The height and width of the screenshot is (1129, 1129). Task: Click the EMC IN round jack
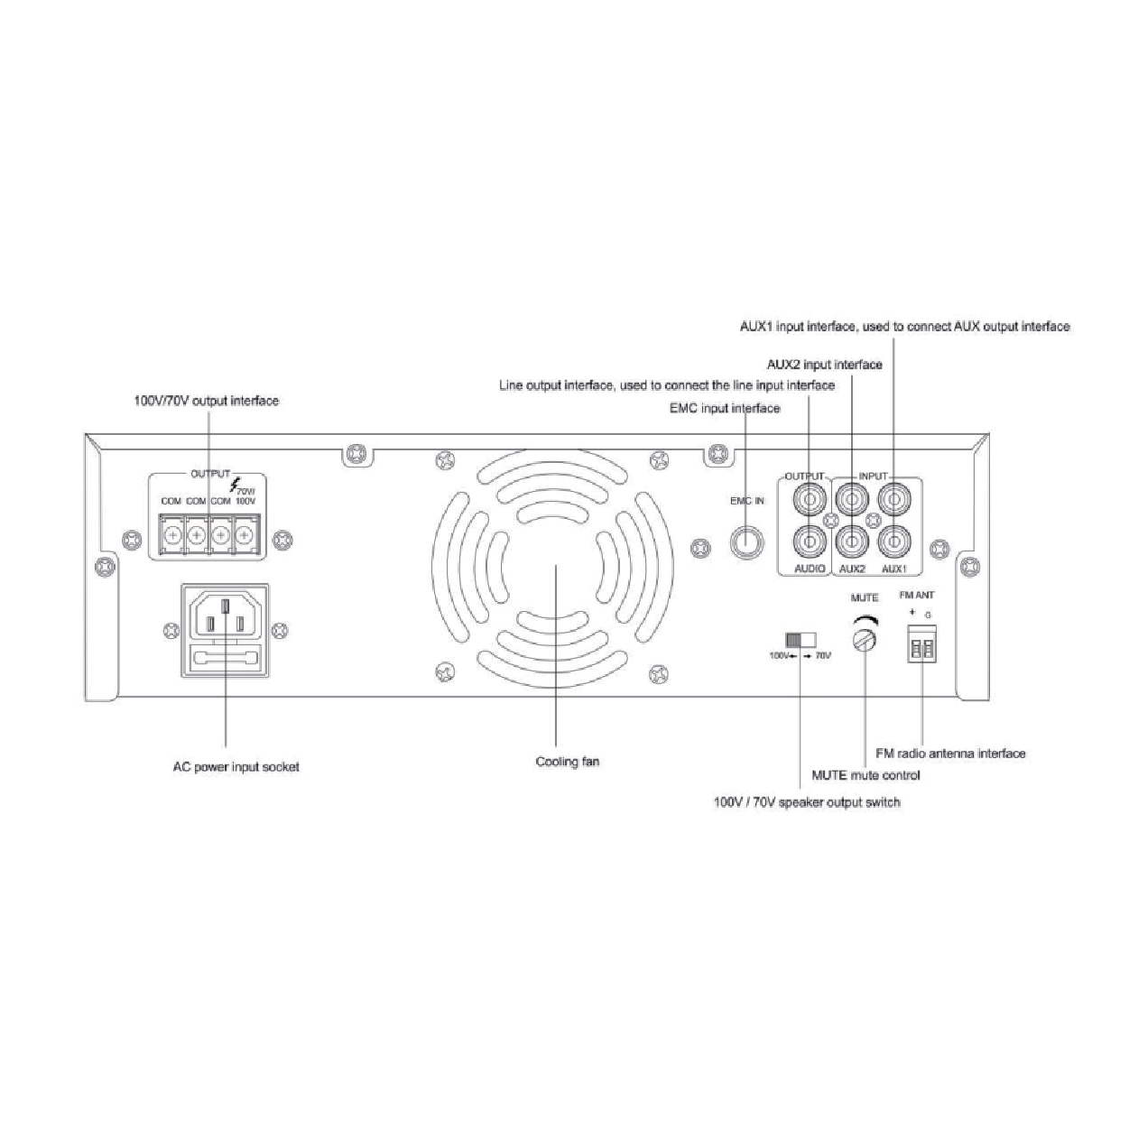747,541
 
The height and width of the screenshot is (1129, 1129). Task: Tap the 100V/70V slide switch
800,640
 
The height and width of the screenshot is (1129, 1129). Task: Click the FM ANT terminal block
922,643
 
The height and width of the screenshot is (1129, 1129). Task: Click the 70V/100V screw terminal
245,535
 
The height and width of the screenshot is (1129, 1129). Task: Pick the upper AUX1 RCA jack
893,500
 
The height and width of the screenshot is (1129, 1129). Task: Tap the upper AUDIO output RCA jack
810,500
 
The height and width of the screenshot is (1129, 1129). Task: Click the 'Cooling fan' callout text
567,762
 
